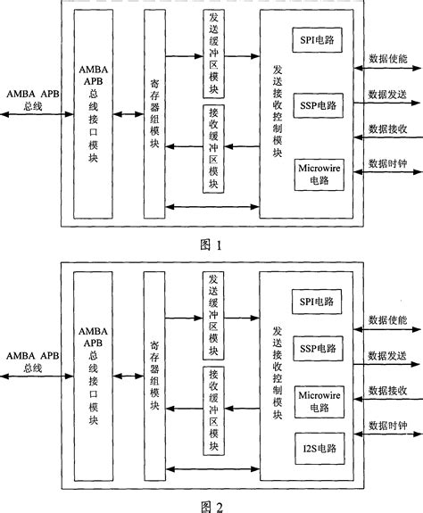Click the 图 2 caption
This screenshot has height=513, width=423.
click(x=211, y=504)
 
